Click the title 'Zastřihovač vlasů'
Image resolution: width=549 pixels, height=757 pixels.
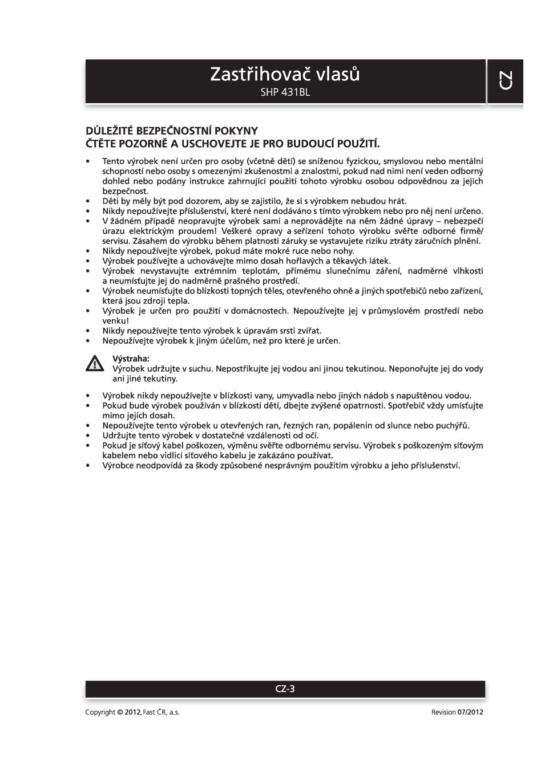pyautogui.click(x=285, y=74)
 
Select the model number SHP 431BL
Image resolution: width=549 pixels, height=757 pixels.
pyautogui.click(x=285, y=92)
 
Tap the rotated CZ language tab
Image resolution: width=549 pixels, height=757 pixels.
pyautogui.click(x=505, y=80)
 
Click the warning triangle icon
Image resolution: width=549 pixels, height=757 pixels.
pyautogui.click(x=95, y=363)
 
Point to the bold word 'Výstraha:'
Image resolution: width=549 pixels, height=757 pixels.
pyautogui.click(x=131, y=359)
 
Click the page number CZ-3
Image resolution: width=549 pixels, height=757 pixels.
pyautogui.click(x=285, y=689)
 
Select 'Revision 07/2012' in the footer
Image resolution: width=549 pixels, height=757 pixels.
pyautogui.click(x=457, y=712)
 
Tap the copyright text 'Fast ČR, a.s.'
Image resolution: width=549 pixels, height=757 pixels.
pyautogui.click(x=162, y=712)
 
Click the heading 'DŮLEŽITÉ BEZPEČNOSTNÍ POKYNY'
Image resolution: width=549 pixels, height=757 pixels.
pyautogui.click(x=171, y=131)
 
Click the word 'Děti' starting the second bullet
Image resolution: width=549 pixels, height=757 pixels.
pyautogui.click(x=111, y=201)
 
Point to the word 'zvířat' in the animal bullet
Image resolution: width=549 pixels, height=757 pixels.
pyautogui.click(x=309, y=331)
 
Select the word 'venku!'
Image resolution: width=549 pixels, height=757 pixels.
pyautogui.click(x=115, y=321)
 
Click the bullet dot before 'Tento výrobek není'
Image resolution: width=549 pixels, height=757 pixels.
pyautogui.click(x=88, y=161)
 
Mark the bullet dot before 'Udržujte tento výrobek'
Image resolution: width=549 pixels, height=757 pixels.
pyautogui.click(x=88, y=436)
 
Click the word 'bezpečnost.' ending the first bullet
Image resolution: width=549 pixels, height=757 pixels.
pyautogui.click(x=125, y=192)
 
